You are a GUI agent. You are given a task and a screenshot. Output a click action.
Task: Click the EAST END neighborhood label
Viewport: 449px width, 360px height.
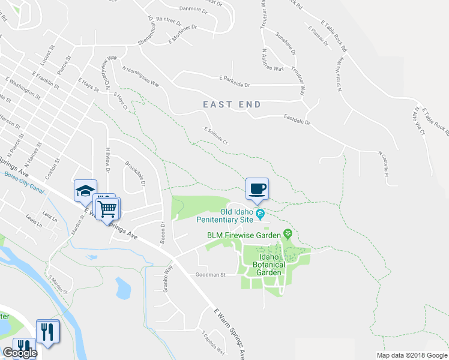point(232,104)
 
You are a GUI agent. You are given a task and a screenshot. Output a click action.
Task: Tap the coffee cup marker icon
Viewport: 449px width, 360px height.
point(257,188)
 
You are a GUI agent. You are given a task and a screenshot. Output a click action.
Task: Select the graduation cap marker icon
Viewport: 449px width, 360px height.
point(85,191)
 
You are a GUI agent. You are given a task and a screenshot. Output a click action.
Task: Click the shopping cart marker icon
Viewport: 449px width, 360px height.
point(108,209)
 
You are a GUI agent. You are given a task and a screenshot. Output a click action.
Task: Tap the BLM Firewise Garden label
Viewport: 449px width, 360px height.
point(245,235)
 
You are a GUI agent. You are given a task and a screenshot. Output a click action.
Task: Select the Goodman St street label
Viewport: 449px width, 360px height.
point(209,275)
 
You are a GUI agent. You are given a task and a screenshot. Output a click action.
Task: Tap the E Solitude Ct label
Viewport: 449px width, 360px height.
point(216,136)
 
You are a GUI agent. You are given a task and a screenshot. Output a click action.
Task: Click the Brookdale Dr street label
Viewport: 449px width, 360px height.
point(136,173)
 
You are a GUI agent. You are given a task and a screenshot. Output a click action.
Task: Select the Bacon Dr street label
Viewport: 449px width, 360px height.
point(163,228)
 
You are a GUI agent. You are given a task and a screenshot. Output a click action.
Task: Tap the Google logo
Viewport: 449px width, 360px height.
point(19,353)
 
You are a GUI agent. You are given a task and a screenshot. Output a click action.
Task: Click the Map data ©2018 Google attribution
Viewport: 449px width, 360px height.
point(412,355)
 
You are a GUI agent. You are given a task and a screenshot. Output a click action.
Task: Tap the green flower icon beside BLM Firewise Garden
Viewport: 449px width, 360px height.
point(288,233)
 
